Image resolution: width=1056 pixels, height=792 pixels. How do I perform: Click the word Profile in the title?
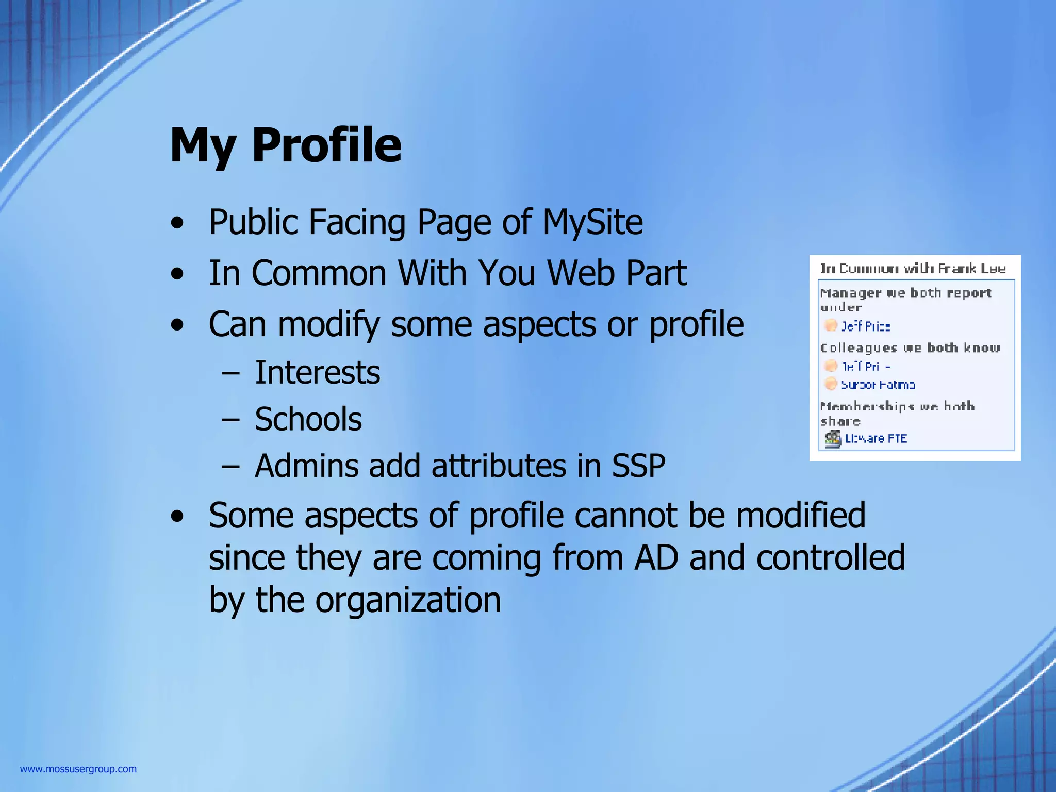326,145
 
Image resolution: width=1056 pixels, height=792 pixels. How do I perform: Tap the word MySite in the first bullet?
592,222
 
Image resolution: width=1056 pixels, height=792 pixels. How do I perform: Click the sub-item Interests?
317,373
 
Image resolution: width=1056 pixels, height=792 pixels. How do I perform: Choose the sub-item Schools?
308,419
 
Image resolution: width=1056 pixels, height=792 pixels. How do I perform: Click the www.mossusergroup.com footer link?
78,769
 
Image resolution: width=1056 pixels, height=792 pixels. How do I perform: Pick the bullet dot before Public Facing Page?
177,223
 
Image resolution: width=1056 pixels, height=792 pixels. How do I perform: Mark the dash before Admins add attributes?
230,466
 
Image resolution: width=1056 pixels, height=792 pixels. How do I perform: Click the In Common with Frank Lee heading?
913,269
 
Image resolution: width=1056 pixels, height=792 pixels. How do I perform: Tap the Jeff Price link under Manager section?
866,326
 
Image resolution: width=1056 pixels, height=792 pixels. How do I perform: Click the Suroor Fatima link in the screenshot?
878,385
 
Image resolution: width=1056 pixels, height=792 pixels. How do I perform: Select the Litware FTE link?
876,439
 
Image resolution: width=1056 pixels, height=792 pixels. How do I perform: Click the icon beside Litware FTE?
832,439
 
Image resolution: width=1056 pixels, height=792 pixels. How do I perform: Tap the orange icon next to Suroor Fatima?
830,384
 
